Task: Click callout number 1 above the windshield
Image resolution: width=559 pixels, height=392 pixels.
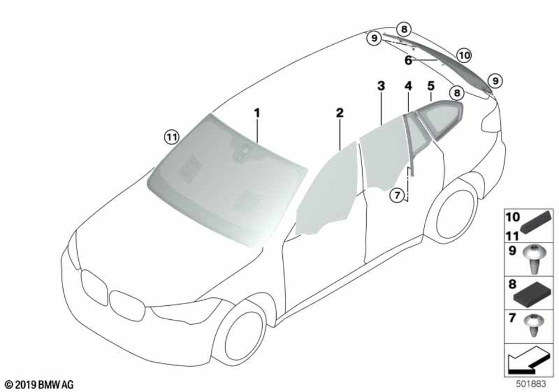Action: [257, 114]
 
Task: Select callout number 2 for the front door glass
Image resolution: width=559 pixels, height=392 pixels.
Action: [340, 113]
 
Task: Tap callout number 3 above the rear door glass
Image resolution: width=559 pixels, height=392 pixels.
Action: [381, 86]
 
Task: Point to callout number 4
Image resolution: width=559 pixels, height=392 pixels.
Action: [408, 86]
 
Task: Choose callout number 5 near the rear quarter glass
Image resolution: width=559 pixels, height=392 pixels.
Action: [431, 86]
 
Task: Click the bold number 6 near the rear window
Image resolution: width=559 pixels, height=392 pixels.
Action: [408, 60]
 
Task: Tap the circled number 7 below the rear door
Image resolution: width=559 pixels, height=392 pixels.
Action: [397, 195]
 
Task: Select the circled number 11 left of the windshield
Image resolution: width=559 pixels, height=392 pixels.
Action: [172, 137]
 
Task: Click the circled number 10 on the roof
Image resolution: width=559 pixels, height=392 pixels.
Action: [464, 55]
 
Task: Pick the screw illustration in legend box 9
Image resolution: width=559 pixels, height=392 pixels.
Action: [533, 259]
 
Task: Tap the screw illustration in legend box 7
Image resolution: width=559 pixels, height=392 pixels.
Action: [533, 325]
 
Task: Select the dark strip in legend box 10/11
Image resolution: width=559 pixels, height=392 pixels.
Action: [537, 222]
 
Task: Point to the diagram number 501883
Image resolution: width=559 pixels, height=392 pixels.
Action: [531, 384]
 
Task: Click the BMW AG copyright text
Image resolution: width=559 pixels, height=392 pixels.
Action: [40, 385]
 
